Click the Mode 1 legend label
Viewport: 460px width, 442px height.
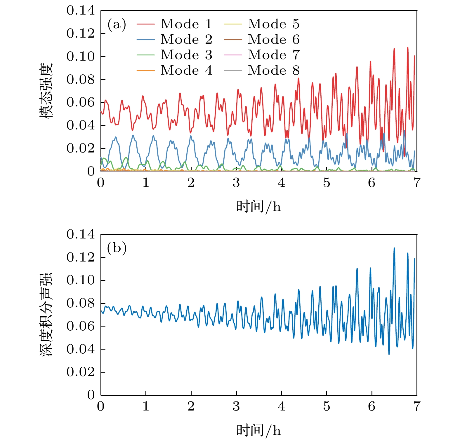(186, 24)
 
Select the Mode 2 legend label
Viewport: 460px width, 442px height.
(186, 39)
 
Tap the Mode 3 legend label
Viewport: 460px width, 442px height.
(186, 55)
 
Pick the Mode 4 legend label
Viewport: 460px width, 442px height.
(186, 70)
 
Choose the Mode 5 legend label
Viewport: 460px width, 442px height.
(274, 24)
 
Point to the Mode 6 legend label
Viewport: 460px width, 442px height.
(274, 39)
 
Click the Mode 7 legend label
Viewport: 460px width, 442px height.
(274, 55)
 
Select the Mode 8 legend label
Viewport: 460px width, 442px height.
(274, 70)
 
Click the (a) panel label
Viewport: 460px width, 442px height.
(117, 24)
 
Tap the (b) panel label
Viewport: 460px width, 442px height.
(117, 248)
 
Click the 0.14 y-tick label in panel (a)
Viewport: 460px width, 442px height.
(81, 11)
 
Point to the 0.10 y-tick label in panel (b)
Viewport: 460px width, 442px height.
(81, 280)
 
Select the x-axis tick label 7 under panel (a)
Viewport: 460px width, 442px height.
(417, 183)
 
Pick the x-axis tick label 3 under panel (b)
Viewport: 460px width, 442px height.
(236, 406)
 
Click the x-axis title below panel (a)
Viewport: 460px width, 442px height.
(258, 207)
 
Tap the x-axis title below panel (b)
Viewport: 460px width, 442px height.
(258, 431)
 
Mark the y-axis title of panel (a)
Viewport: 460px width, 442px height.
(46, 91)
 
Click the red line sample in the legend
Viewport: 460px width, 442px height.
(145, 24)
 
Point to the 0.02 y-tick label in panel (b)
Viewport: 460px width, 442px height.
(81, 372)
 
